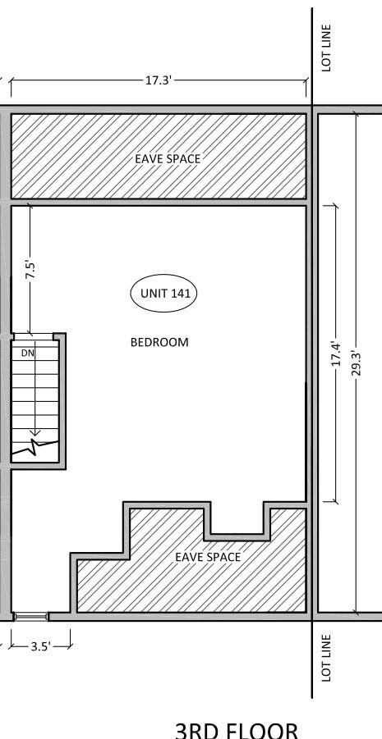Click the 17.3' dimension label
(157, 80)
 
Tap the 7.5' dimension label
(30, 270)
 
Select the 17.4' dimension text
(336, 354)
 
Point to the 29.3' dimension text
(357, 363)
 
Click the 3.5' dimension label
(40, 646)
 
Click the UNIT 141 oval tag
(163, 293)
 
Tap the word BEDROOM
(159, 342)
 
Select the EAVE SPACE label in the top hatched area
(168, 159)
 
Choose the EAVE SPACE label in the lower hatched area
(208, 557)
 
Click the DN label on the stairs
(28, 353)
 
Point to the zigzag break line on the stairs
(35, 447)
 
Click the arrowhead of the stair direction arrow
(35, 432)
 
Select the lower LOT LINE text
(326, 658)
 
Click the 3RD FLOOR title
(237, 731)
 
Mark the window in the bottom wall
(31, 617)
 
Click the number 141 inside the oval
(182, 293)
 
